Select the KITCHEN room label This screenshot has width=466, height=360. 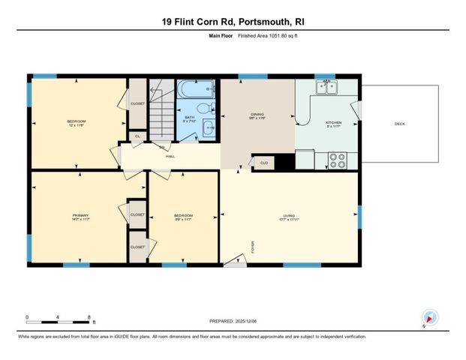point(333,123)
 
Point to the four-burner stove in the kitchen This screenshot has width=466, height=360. point(338,160)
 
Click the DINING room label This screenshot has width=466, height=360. point(258,114)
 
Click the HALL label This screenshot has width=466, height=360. point(170,156)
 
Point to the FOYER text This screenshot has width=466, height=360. point(253,247)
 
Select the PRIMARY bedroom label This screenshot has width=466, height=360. point(80,215)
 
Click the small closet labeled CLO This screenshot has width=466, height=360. point(263,162)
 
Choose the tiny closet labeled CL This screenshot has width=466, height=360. point(137,136)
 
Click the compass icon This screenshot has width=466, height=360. point(429,317)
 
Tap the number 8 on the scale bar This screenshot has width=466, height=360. point(89,317)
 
